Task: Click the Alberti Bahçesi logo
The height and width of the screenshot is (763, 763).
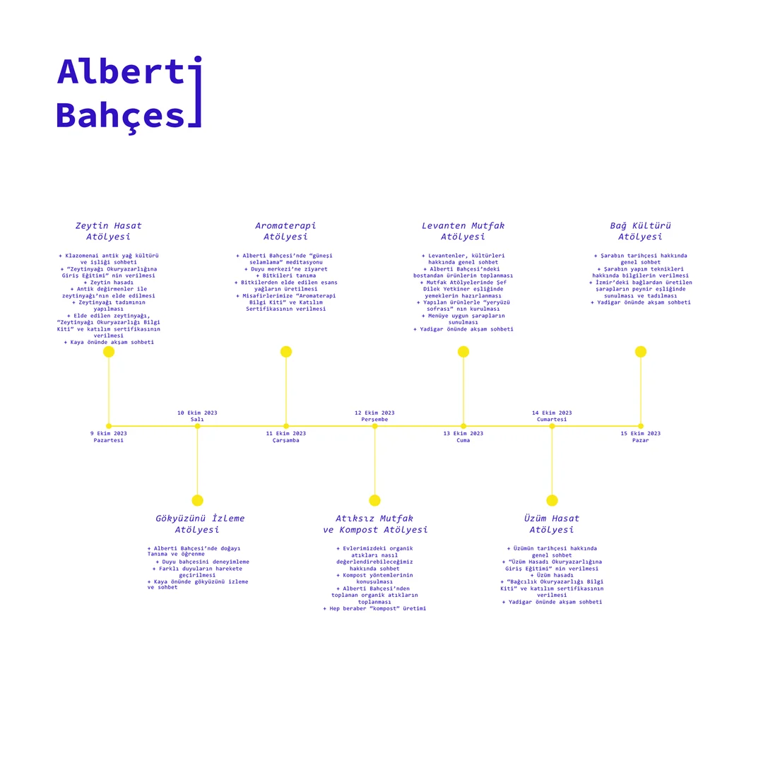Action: (x=129, y=93)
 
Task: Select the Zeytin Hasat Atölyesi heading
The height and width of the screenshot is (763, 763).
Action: (x=109, y=231)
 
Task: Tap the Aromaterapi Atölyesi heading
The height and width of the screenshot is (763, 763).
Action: (x=285, y=231)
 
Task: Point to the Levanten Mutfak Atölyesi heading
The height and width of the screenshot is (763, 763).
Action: (x=463, y=231)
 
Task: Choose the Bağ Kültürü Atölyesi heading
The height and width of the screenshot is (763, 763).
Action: (x=640, y=231)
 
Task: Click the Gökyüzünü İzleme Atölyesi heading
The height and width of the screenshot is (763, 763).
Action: (x=199, y=524)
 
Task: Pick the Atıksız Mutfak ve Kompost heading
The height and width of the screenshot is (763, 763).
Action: (x=374, y=524)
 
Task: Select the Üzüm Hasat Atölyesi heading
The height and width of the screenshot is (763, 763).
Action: (x=552, y=524)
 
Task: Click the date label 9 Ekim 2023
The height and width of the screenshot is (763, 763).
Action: (x=109, y=434)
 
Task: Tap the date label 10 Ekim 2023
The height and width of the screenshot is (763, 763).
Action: (x=197, y=413)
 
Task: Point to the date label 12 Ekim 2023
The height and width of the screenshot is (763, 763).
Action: (x=374, y=413)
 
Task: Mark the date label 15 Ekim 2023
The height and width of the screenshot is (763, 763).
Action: (x=640, y=434)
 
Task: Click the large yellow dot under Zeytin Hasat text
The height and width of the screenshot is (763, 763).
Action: (x=109, y=352)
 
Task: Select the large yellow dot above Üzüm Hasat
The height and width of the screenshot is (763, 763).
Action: (x=552, y=500)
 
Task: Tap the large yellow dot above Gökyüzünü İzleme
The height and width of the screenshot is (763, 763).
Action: (x=197, y=500)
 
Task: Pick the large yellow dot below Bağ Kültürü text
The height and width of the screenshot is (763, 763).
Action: (x=640, y=352)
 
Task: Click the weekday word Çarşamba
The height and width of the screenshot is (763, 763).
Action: (x=285, y=440)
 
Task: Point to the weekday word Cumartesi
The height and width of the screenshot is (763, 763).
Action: (x=552, y=420)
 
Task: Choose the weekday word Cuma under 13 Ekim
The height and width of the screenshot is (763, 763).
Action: (x=463, y=440)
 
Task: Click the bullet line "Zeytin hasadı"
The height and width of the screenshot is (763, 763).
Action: (x=109, y=282)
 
